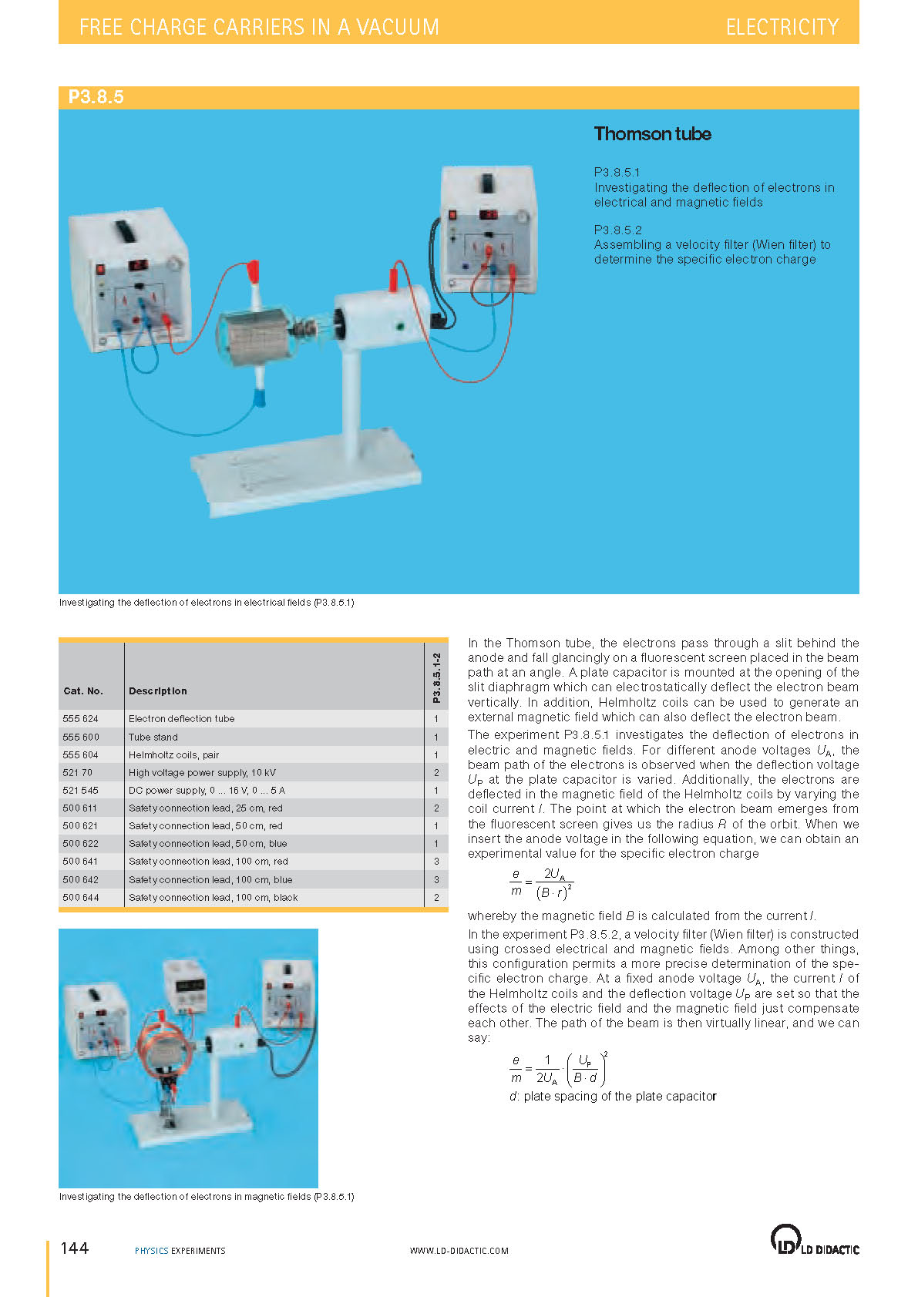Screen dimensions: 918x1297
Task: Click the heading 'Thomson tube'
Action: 652,134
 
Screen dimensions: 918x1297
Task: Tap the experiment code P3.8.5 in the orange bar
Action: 96,96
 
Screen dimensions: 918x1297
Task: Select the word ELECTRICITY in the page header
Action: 782,27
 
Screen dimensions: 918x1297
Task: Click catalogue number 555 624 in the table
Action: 80,718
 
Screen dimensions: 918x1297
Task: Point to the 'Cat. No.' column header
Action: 82,691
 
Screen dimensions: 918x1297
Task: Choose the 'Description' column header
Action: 157,691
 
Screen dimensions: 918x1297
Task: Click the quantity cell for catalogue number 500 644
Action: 436,898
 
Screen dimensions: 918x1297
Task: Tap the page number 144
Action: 75,1248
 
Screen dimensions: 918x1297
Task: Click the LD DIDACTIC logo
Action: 814,1241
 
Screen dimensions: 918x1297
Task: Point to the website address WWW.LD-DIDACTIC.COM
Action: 459,1251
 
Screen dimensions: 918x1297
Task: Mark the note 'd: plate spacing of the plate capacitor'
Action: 613,1096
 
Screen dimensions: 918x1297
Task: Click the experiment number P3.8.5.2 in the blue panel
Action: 617,230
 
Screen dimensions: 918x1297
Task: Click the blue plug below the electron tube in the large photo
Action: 260,397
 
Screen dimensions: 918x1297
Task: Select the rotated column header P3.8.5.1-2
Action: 437,678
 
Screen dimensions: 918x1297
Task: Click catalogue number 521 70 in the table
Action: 78,772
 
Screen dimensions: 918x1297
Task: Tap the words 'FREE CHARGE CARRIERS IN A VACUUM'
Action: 259,27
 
